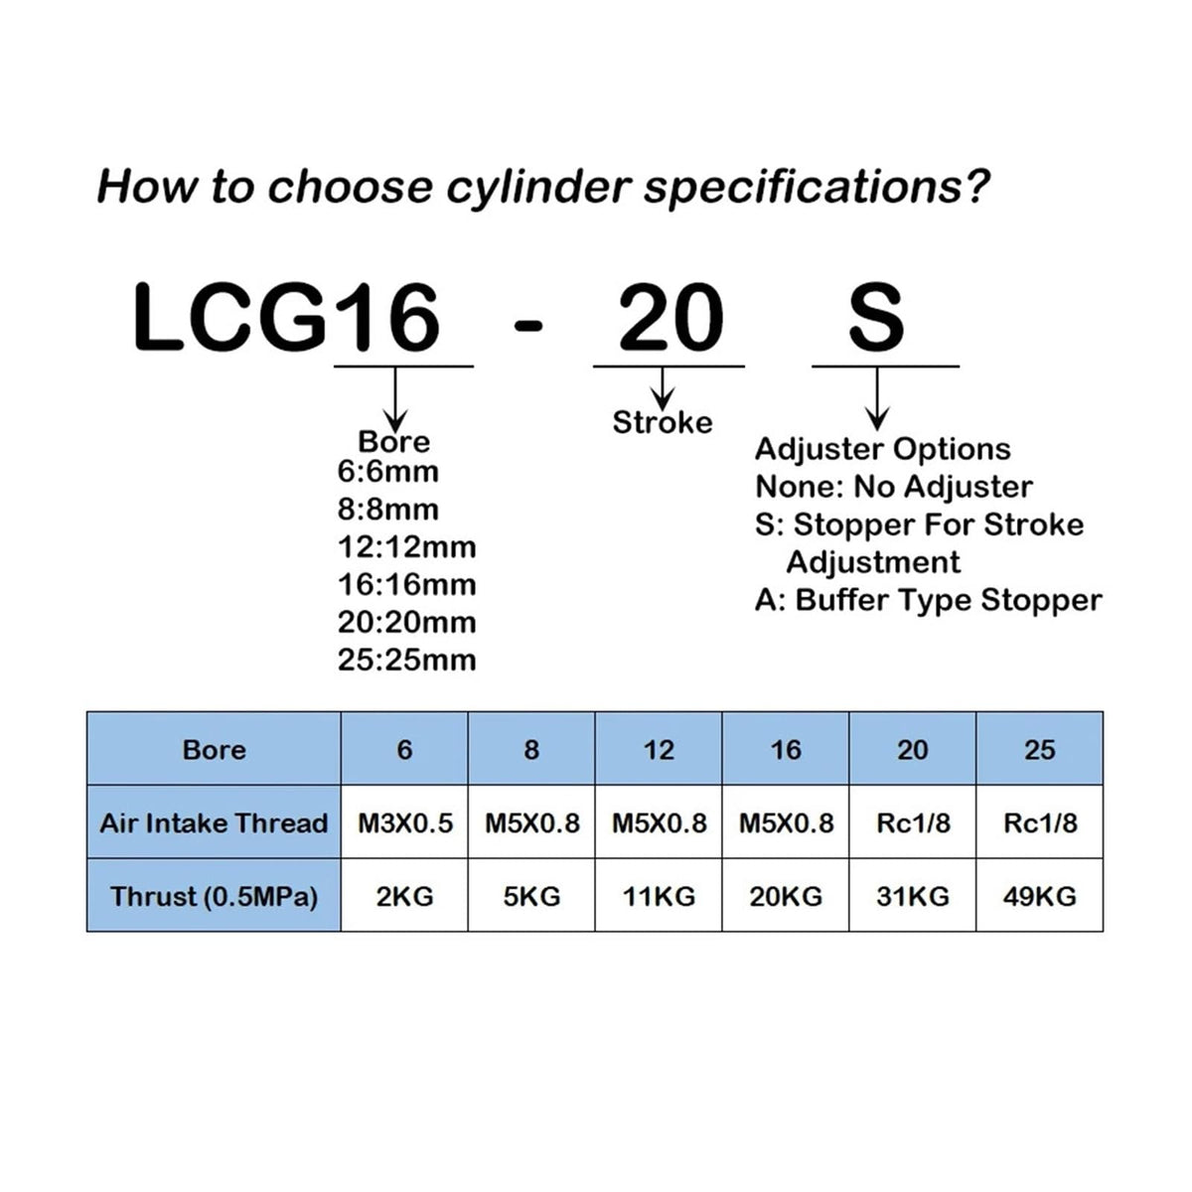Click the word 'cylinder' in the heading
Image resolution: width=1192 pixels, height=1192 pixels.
click(538, 187)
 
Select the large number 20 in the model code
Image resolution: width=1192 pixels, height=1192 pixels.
click(670, 318)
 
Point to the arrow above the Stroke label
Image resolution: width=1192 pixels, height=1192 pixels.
click(663, 387)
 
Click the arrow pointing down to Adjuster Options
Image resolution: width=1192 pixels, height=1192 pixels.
click(876, 398)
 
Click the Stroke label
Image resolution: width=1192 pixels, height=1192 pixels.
click(663, 422)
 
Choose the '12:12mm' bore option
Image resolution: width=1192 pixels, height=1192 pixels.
click(406, 546)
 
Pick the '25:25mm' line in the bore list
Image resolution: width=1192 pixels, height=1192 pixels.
click(406, 660)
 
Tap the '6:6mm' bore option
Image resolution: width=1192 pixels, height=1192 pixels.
click(387, 472)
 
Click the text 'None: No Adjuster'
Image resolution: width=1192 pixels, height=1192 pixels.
click(893, 487)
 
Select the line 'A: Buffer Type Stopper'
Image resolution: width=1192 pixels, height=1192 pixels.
click(928, 600)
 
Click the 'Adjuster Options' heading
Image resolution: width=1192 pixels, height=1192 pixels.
click(883, 449)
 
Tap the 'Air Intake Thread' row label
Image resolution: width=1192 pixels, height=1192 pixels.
click(214, 822)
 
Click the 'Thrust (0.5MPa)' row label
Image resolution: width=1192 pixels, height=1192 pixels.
click(214, 896)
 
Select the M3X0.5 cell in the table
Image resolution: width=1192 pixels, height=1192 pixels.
click(405, 822)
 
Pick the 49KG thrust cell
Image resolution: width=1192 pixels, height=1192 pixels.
click(1039, 896)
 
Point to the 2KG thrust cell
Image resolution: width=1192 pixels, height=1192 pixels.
click(404, 896)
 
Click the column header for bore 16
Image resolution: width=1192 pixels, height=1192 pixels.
click(786, 750)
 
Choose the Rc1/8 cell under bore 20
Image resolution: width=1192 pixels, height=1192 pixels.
click(913, 822)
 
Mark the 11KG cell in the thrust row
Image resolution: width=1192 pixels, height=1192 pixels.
click(659, 896)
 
